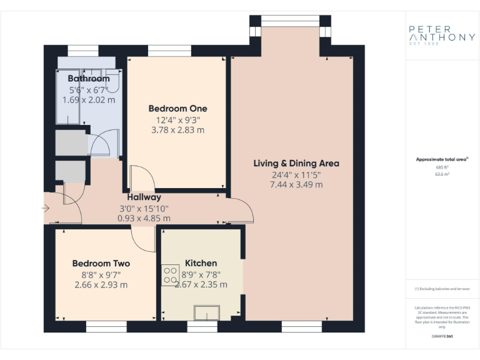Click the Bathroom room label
point(89,79)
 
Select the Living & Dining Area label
point(296,163)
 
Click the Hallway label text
point(144,197)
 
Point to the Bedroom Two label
point(101,263)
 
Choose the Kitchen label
point(201,263)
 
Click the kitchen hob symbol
point(171,276)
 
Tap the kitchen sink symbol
point(206,312)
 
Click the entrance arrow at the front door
point(46,207)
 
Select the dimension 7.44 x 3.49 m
point(296,185)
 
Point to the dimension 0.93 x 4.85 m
point(144,219)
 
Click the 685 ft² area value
point(442,167)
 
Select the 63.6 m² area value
point(442,175)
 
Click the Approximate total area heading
point(442,159)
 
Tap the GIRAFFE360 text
point(442,336)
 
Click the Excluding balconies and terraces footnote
point(442,289)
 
